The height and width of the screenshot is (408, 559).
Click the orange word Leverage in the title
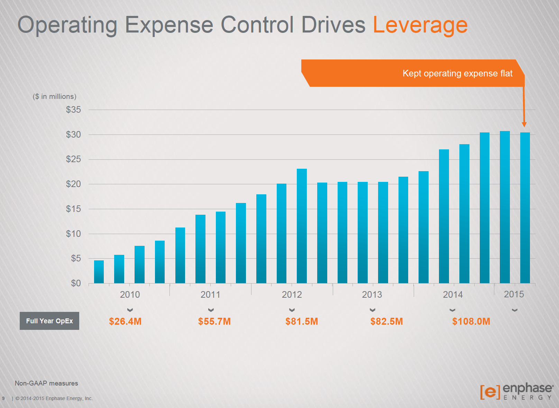(420, 25)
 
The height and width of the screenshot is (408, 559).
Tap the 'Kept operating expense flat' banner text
(457, 73)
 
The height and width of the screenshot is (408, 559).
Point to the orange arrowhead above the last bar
(524, 124)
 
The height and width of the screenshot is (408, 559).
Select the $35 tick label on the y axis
(73, 110)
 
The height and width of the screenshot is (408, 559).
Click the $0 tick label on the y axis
(76, 283)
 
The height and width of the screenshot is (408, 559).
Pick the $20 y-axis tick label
(73, 184)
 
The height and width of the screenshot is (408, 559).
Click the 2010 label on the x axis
(130, 295)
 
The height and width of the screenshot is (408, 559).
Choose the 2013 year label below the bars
(372, 295)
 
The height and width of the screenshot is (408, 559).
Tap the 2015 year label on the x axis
(514, 294)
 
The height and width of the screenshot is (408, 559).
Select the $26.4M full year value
(125, 321)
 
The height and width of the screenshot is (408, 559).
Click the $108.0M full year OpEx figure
(471, 321)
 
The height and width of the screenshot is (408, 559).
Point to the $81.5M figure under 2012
(302, 321)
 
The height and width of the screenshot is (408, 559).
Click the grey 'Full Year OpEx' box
(49, 321)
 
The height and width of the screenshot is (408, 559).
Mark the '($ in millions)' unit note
(55, 96)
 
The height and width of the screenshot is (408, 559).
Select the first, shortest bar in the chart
(99, 272)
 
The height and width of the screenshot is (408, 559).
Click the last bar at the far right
(525, 207)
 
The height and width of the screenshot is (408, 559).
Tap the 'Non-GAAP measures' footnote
(46, 383)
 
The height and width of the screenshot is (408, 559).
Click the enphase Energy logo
(517, 391)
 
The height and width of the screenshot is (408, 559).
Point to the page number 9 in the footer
(3, 398)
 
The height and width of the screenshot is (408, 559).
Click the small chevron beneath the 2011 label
(211, 310)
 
